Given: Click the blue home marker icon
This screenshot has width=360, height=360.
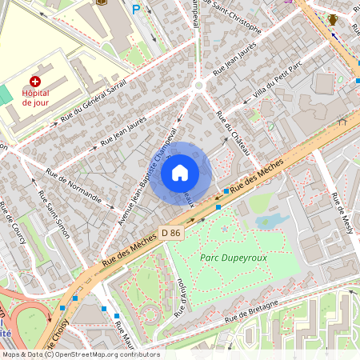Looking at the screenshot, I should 180,172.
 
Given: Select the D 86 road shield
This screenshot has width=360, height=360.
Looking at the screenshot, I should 170,232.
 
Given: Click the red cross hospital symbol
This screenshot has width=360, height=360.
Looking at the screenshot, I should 35,82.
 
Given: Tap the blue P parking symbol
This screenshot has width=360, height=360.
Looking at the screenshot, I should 136,10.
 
